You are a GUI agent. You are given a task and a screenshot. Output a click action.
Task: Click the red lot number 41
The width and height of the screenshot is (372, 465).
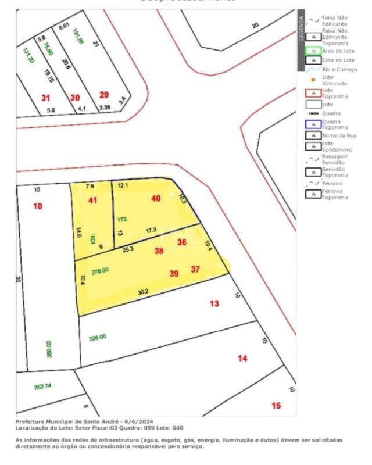tap(92, 201)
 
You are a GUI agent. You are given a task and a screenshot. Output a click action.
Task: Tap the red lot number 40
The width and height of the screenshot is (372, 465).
tap(156, 198)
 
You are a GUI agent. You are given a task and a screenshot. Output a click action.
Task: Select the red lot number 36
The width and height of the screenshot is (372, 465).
tap(182, 242)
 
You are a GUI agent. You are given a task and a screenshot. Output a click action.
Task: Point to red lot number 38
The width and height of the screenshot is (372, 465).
tap(159, 251)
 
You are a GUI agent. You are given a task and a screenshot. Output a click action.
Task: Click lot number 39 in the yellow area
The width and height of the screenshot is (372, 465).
tap(174, 273)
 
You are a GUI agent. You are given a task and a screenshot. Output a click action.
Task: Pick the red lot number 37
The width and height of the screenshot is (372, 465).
tap(195, 269)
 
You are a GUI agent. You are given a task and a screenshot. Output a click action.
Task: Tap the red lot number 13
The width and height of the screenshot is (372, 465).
tap(214, 303)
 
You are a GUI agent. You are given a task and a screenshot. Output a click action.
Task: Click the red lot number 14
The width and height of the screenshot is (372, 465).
tap(242, 358)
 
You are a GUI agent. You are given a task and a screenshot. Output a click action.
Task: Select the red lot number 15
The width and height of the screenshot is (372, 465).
tap(276, 405)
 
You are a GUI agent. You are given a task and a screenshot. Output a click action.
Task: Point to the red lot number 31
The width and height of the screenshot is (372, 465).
tap(46, 98)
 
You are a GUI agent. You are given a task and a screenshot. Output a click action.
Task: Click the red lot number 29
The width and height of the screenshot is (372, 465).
tap(103, 95)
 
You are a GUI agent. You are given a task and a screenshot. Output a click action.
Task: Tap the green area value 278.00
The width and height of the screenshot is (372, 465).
tap(100, 270)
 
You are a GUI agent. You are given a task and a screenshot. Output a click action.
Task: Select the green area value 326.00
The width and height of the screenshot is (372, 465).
tap(97, 337)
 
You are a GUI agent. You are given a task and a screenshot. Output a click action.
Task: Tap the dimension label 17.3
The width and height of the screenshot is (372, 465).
tap(151, 231)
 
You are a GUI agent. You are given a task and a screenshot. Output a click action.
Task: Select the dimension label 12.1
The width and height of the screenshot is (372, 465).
tap(122, 185)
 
